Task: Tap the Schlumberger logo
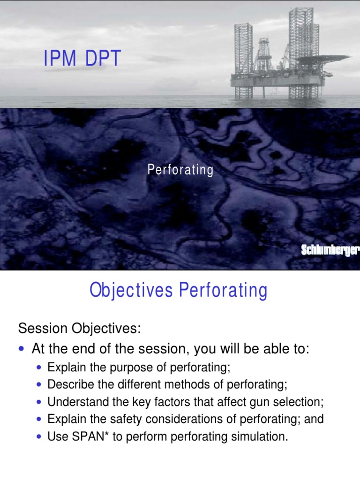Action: (x=330, y=251)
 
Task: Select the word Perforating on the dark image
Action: (x=180, y=170)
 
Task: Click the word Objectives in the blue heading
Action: (x=131, y=291)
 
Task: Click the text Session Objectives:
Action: (x=79, y=328)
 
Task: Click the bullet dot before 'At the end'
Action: (x=22, y=349)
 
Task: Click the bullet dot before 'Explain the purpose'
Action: (x=39, y=367)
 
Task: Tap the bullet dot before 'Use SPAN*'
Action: (x=39, y=437)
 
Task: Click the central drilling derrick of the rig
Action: (x=264, y=54)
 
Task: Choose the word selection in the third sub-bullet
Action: (x=300, y=402)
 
